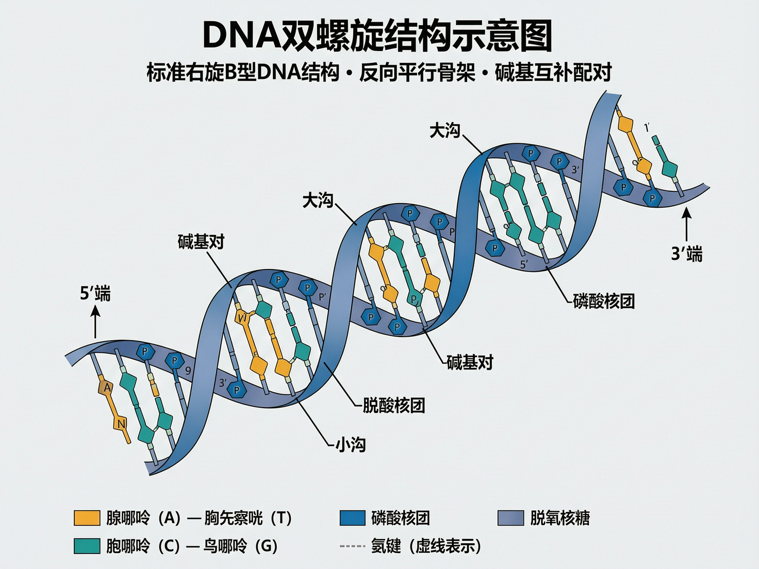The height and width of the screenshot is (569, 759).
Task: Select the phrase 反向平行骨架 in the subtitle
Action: coord(417,72)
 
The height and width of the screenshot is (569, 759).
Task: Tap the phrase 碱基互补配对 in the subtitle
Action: coord(553,72)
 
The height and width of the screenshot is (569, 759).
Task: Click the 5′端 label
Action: coord(95,293)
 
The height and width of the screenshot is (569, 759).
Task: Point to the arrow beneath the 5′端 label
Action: coord(95,322)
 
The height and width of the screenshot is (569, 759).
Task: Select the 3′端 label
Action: coord(686,254)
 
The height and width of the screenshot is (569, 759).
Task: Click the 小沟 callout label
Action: coord(351,444)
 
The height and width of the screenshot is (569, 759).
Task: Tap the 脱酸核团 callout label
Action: coord(394,406)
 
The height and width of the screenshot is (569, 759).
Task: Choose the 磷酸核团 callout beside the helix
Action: coord(604,301)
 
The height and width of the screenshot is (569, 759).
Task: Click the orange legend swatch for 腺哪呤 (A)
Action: coord(87,518)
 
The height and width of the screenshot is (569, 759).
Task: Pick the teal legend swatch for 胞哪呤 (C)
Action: coord(87,546)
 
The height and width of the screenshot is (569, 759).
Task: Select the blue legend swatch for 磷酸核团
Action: coord(353,518)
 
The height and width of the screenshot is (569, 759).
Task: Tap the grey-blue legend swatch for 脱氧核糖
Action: coord(510,518)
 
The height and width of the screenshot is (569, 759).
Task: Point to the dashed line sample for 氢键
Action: coord(352,546)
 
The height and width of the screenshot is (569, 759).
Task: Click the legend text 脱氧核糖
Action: coord(560,518)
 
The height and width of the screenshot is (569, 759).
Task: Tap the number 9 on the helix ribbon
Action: coord(188,371)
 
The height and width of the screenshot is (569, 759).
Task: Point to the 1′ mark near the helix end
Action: coord(647,127)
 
